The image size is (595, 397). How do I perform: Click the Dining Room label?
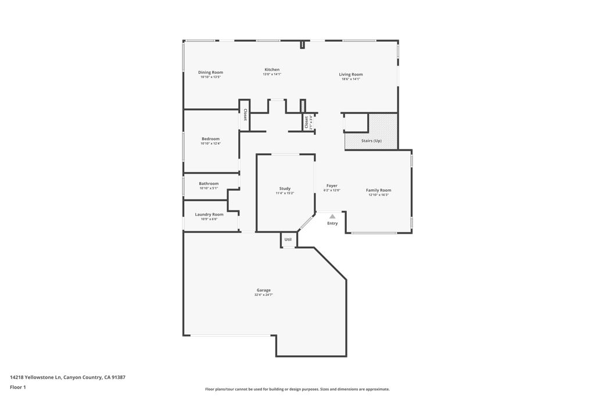(210, 73)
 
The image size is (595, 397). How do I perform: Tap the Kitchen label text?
(272, 70)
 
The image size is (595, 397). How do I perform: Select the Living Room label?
(351, 74)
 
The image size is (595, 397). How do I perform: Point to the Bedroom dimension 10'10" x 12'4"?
(210, 144)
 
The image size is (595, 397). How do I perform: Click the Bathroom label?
(209, 184)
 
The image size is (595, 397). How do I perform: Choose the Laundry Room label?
(209, 214)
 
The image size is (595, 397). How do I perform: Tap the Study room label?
(285, 188)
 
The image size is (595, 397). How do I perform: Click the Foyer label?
(332, 186)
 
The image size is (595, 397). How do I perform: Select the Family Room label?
(378, 190)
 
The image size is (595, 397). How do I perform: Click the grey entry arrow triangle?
(332, 216)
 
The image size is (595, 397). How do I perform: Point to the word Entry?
(332, 223)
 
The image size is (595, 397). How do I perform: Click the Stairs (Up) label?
(371, 141)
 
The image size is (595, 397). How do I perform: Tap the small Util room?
(288, 239)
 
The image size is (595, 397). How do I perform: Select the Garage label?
(264, 290)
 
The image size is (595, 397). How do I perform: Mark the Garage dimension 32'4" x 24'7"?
(264, 295)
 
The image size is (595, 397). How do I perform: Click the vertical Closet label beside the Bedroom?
(245, 115)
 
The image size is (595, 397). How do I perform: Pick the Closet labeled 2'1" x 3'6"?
(306, 123)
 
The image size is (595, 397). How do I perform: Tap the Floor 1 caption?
(18, 387)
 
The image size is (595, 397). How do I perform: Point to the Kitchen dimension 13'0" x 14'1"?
(271, 74)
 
